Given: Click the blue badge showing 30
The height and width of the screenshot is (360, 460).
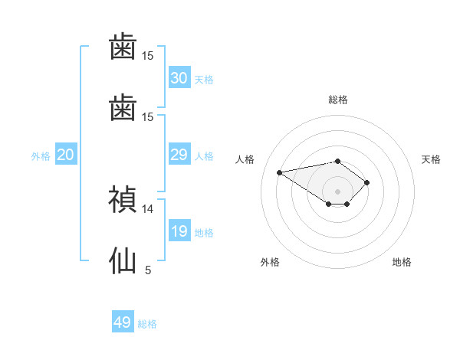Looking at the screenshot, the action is [179, 77].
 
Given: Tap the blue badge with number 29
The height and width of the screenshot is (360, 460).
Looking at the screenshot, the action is [179, 154].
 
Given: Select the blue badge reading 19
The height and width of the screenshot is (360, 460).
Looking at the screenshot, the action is [179, 231].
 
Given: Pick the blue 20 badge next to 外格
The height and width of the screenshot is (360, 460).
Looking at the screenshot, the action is [66, 154].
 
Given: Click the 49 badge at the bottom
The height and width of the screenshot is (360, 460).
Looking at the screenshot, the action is [123, 321].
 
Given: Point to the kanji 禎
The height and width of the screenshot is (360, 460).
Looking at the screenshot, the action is [123, 199].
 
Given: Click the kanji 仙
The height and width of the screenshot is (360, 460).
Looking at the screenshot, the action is [123, 260].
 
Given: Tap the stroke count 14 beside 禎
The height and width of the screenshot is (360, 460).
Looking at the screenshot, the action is [147, 209].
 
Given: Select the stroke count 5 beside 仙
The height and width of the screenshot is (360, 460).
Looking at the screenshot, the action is [148, 270].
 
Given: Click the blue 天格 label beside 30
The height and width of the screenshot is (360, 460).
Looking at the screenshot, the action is [204, 80].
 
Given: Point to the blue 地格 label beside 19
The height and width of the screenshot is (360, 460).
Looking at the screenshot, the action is [204, 233].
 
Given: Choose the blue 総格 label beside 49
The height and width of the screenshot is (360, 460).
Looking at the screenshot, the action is [147, 324].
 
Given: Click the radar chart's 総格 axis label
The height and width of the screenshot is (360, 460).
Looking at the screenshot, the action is [338, 100].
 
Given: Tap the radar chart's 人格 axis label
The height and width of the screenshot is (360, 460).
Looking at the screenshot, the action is [245, 159].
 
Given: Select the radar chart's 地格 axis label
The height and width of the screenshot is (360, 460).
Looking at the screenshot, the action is [402, 262].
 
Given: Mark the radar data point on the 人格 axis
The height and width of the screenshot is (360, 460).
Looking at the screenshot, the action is [279, 172].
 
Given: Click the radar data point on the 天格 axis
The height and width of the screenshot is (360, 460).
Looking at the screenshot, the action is [366, 182].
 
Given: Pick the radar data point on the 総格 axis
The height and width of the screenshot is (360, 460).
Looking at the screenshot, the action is [337, 162].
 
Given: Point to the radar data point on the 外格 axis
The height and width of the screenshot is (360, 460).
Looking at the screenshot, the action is [329, 204].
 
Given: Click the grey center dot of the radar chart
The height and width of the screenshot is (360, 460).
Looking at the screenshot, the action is [337, 191].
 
